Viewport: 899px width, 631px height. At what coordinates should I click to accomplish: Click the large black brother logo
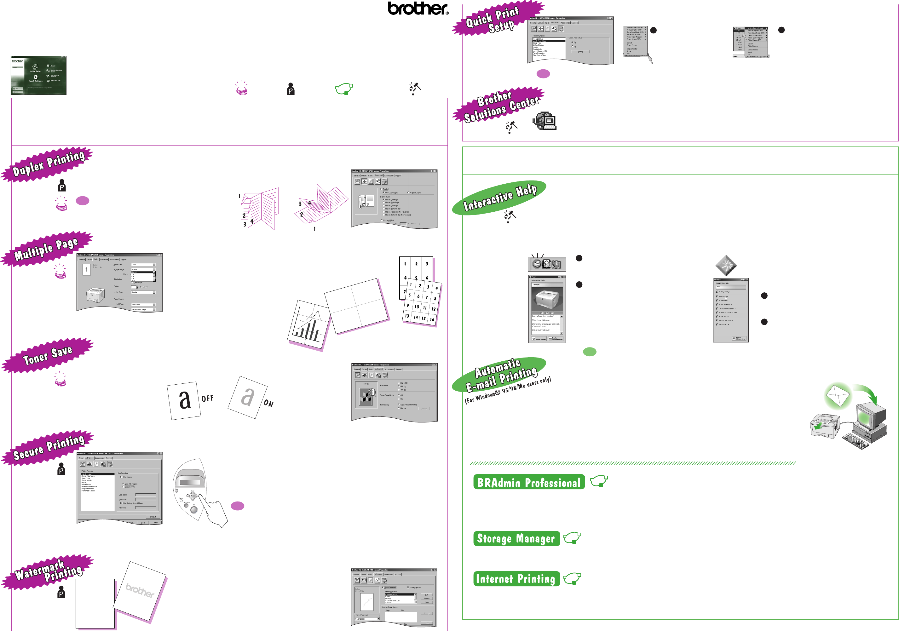click(418, 9)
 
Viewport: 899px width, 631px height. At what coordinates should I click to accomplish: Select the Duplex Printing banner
click(48, 163)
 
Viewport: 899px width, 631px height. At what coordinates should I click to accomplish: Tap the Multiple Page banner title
click(46, 249)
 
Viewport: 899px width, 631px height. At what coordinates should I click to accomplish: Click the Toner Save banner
click(48, 355)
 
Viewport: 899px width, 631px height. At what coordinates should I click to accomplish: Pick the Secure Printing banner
click(49, 447)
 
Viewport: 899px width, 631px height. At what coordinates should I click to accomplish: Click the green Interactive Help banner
click(500, 197)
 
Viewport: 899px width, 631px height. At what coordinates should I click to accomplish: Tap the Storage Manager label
click(516, 539)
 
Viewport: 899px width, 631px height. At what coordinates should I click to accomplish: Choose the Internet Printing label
click(516, 578)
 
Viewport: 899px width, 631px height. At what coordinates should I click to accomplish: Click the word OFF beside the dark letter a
click(208, 399)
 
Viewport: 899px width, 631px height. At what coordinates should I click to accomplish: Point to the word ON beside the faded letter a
click(268, 403)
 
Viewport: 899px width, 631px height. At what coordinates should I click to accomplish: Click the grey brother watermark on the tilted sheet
click(140, 590)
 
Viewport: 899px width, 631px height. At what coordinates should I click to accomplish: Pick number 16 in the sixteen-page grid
click(432, 319)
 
